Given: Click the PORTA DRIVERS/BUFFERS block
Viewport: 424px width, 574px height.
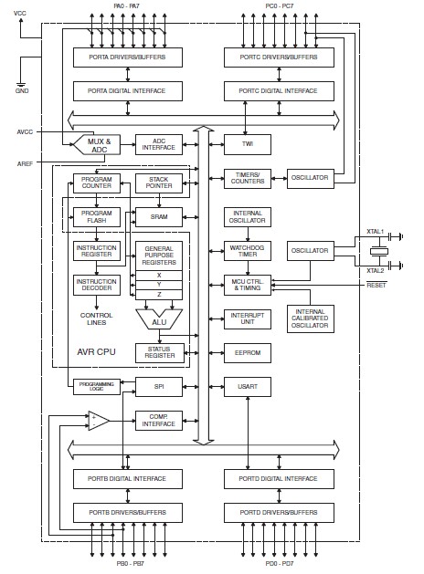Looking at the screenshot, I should point(128,57).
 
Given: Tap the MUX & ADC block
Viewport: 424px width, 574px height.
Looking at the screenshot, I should point(97,145).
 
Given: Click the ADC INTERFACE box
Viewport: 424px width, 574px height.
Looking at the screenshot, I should point(158,145).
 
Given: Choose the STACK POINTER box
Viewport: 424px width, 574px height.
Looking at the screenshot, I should point(158,182).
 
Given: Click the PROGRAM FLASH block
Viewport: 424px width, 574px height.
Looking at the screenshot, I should point(96,215).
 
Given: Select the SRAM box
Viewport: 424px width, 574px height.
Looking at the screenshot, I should point(158,216).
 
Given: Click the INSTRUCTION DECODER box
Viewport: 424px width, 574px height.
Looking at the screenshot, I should point(96,285).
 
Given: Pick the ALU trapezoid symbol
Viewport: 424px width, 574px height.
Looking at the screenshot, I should point(158,319).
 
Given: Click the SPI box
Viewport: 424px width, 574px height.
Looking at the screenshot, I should point(158,387).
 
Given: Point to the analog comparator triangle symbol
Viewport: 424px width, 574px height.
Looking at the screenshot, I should point(97,421).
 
